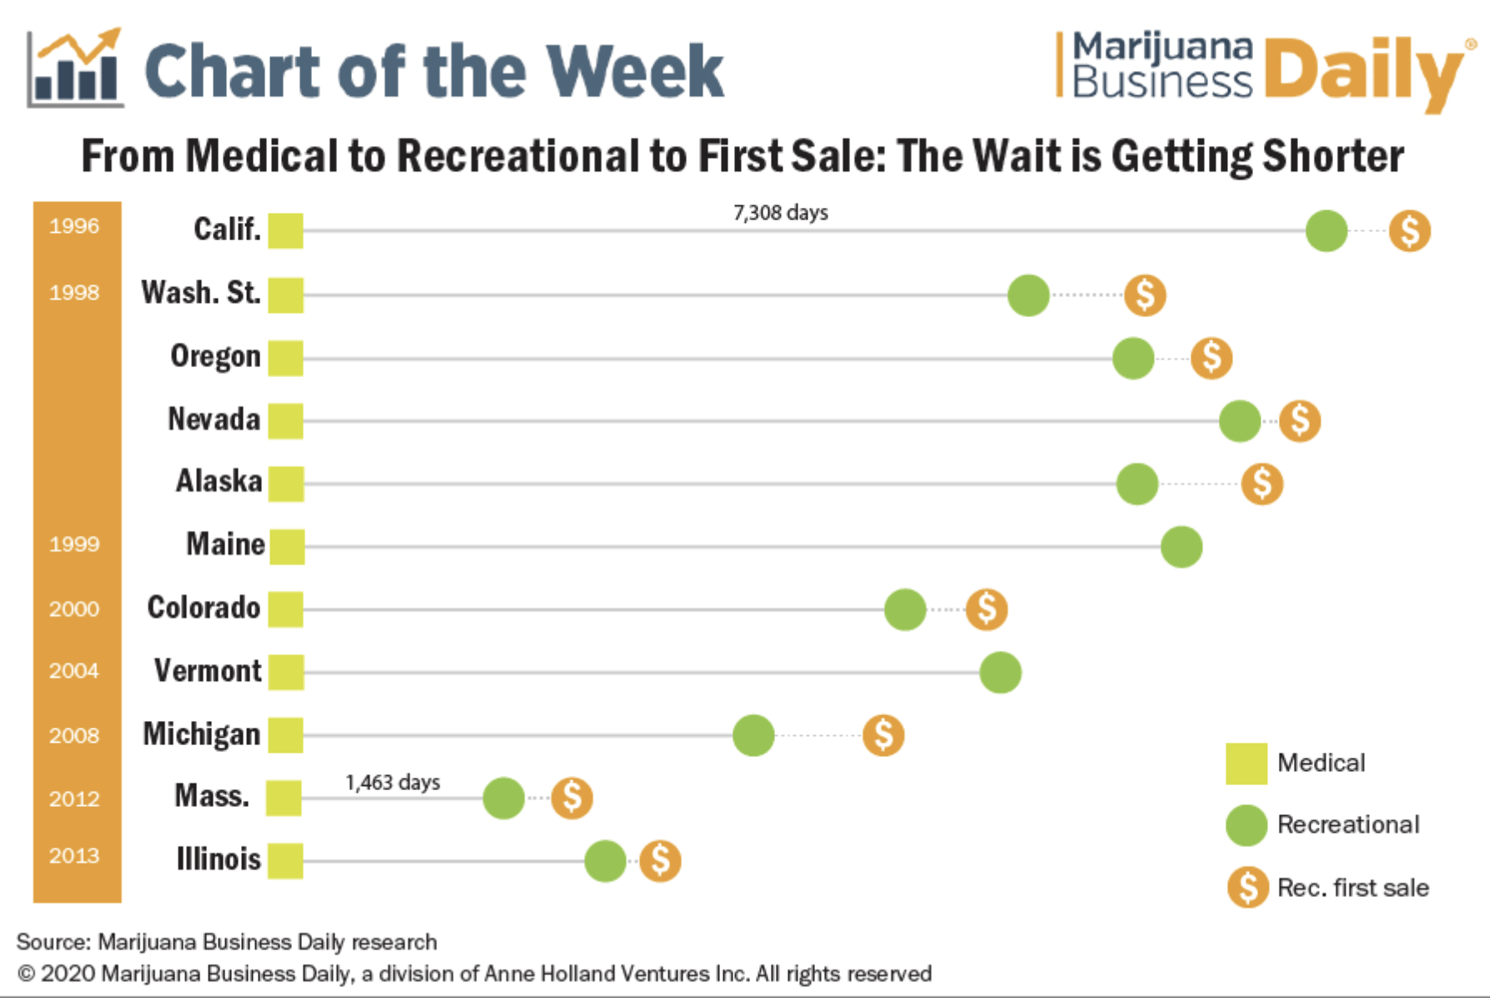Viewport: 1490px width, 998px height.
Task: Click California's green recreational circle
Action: point(1326,231)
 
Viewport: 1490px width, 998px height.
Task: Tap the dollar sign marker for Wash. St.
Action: point(1145,295)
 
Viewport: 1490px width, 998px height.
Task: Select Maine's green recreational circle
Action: point(1180,547)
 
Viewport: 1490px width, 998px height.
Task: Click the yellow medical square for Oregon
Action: point(285,358)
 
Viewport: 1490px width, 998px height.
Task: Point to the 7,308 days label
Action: point(780,213)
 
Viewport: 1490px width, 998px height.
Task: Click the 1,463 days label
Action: point(392,783)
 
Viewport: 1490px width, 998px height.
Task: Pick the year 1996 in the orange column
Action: point(74,226)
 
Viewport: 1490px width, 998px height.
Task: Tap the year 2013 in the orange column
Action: point(74,855)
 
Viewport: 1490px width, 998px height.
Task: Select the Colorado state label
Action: point(204,607)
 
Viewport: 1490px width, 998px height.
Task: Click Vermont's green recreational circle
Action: point(999,673)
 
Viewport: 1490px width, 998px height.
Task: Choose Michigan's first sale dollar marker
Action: point(883,735)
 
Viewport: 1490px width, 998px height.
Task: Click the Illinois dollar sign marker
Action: point(660,860)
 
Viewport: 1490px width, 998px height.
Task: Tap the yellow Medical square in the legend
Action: point(1246,764)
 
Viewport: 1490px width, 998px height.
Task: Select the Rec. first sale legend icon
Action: point(1247,887)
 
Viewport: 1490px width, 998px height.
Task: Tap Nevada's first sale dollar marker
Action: point(1299,421)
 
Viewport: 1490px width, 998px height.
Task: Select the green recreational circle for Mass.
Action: point(503,798)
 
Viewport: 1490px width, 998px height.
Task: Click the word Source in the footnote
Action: point(52,942)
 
